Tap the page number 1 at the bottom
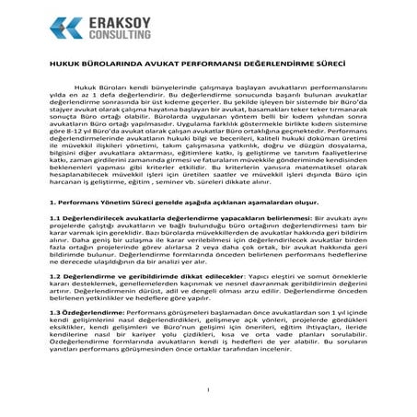pos(208,389)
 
